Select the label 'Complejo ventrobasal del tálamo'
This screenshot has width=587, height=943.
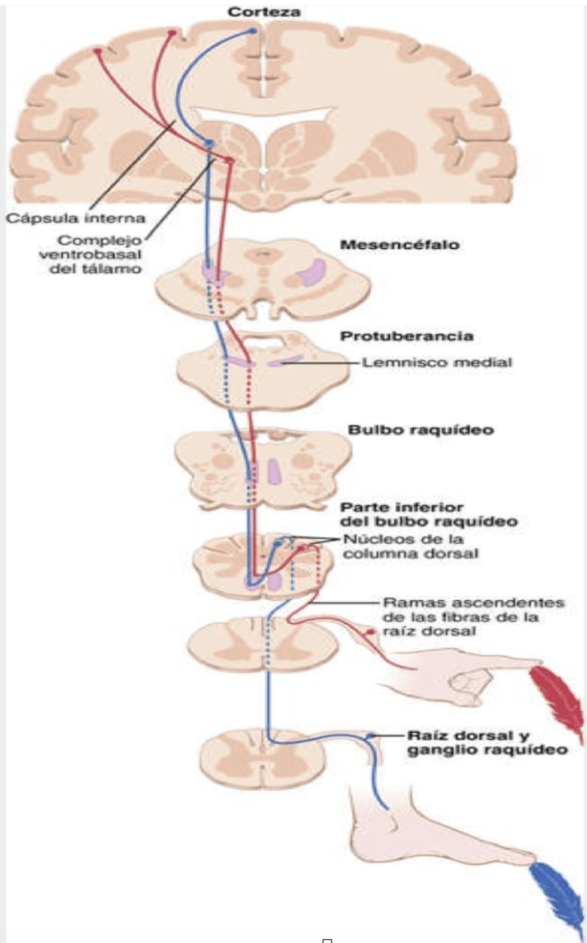pyautogui.click(x=100, y=255)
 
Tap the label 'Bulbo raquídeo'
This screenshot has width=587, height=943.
pyautogui.click(x=406, y=430)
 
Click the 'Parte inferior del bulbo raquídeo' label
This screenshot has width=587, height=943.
pyautogui.click(x=408, y=513)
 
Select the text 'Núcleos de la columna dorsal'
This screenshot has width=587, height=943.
pyautogui.click(x=397, y=546)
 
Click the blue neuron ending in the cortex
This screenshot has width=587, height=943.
pyautogui.click(x=255, y=31)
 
